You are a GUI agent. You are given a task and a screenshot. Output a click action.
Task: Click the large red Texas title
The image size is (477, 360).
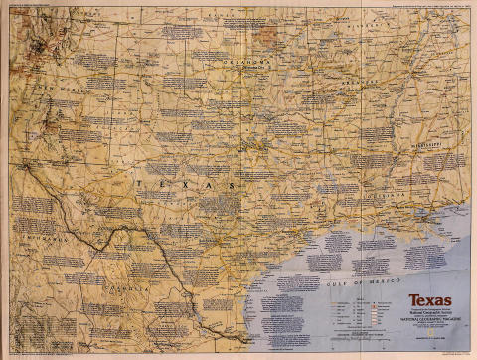[428, 299]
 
